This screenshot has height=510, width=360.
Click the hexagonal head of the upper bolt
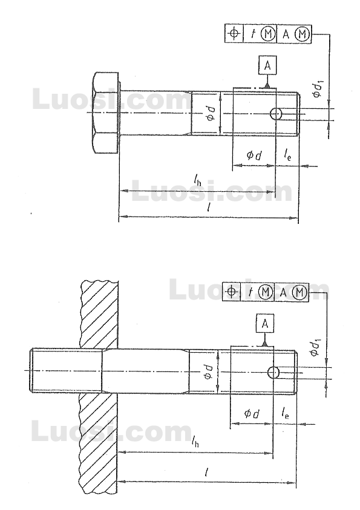pos(106,113)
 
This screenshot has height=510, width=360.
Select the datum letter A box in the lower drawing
pos(264,324)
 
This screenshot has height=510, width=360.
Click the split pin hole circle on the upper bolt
pos(276,114)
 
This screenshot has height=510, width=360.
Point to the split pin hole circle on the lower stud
pos(273,372)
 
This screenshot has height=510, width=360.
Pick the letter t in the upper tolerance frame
pos(252,34)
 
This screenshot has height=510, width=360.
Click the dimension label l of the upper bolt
pos(209,208)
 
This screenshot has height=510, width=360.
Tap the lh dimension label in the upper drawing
pos(197,180)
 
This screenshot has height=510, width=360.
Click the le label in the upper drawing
pos(287,155)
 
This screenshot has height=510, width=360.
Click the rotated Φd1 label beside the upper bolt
pos(317,89)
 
